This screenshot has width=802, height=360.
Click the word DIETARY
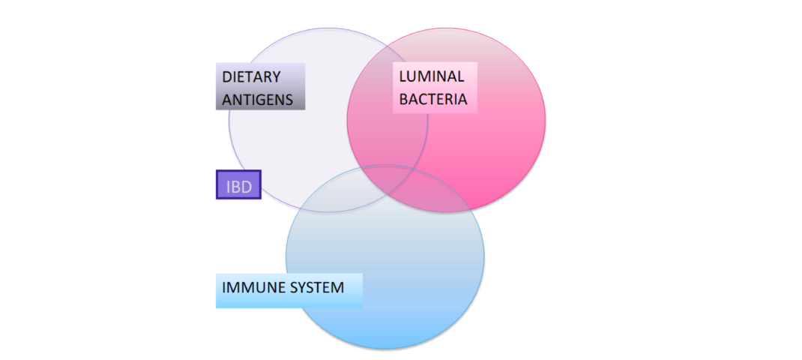click(251, 77)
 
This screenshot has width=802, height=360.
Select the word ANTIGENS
click(258, 99)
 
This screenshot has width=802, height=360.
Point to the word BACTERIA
click(433, 98)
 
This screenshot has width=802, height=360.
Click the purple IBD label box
click(238, 185)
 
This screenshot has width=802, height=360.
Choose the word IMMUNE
click(247, 287)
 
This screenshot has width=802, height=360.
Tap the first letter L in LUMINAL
click(402, 76)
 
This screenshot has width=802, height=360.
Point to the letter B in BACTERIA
click(404, 98)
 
